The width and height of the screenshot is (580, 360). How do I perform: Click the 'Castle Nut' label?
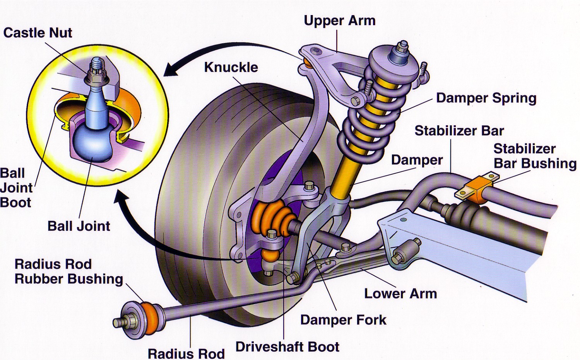click(x=38, y=33)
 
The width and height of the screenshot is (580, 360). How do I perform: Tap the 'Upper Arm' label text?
click(x=339, y=20)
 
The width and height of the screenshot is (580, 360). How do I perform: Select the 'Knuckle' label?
click(x=231, y=67)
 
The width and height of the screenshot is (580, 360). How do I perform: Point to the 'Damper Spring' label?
click(x=486, y=98)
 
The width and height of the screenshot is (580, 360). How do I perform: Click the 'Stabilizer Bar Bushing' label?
click(x=535, y=156)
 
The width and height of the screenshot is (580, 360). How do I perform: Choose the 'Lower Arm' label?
click(x=400, y=293)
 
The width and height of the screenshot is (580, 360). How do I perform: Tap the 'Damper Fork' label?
click(x=343, y=320)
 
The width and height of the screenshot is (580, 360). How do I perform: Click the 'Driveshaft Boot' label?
click(x=287, y=346)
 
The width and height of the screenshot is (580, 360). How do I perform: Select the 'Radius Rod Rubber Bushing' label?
click(x=68, y=271)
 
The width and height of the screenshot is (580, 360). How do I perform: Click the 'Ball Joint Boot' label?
click(x=16, y=188)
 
